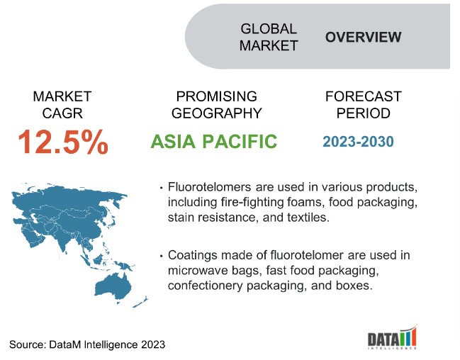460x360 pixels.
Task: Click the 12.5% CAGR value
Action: (x=63, y=142)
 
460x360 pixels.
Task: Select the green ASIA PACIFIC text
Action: (x=213, y=142)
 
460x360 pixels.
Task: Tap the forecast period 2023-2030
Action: (x=358, y=142)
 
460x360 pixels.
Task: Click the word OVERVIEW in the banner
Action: (x=363, y=37)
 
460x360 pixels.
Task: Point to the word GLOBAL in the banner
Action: (x=269, y=29)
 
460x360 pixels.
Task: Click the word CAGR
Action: (x=62, y=113)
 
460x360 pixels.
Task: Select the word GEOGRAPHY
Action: (x=216, y=113)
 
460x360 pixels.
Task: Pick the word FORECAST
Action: (x=363, y=96)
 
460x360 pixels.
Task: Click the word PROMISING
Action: (x=216, y=96)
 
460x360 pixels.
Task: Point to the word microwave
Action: (x=198, y=271)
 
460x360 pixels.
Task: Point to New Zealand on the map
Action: (x=140, y=302)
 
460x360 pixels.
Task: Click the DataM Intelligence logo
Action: (x=392, y=337)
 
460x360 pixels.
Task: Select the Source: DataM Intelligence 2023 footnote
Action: (x=87, y=344)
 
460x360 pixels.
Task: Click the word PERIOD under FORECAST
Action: (x=363, y=113)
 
